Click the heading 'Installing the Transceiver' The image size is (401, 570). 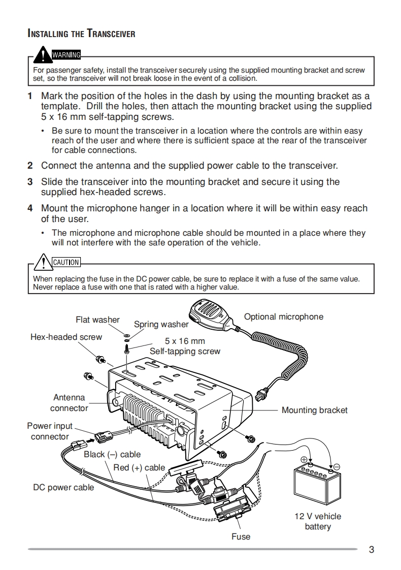coord(81,34)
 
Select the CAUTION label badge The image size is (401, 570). coord(66,262)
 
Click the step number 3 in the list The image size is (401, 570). coord(30,181)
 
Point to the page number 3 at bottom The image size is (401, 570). coord(372,549)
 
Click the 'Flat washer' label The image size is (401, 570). coord(97,320)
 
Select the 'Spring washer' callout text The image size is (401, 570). coord(161,324)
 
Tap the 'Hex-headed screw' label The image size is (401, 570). coord(66,337)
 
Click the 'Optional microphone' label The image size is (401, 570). coord(283,316)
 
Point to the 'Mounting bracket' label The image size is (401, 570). coord(314,410)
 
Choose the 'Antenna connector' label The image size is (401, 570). coord(69,402)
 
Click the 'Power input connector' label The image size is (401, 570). coord(50,431)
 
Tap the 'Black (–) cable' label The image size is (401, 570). coord(112,454)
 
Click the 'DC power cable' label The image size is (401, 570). coord(63,487)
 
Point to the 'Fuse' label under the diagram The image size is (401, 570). coord(241,536)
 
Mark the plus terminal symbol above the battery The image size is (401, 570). coord(304,460)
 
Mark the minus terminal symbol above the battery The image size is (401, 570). coord(337,466)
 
